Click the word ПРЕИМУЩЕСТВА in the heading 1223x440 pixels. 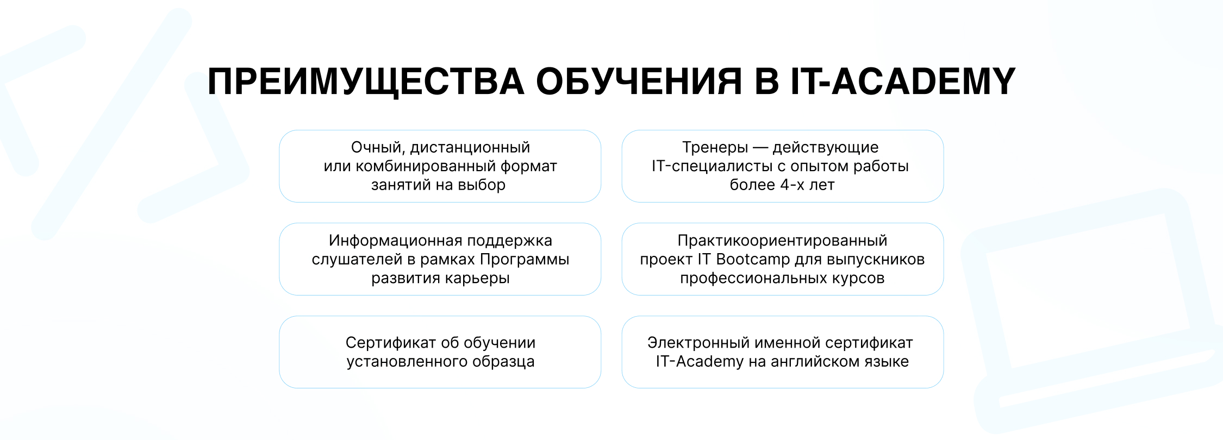pyautogui.click(x=366, y=82)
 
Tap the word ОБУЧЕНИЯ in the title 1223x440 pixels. pyautogui.click(x=639, y=81)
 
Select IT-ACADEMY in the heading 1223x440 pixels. pyautogui.click(x=903, y=81)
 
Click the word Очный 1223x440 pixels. pyautogui.click(x=378, y=148)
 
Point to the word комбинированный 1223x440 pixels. pyautogui.click(x=425, y=166)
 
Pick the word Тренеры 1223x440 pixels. pyautogui.click(x=715, y=148)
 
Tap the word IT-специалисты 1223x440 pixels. pyautogui.click(x=712, y=166)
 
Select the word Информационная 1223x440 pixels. pyautogui.click(x=388, y=241)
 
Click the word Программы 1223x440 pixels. pyautogui.click(x=525, y=259)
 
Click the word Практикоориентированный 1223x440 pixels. pyautogui.click(x=783, y=241)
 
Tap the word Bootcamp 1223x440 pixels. pyautogui.click(x=753, y=259)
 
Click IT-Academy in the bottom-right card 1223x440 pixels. pyautogui.click(x=700, y=361)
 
